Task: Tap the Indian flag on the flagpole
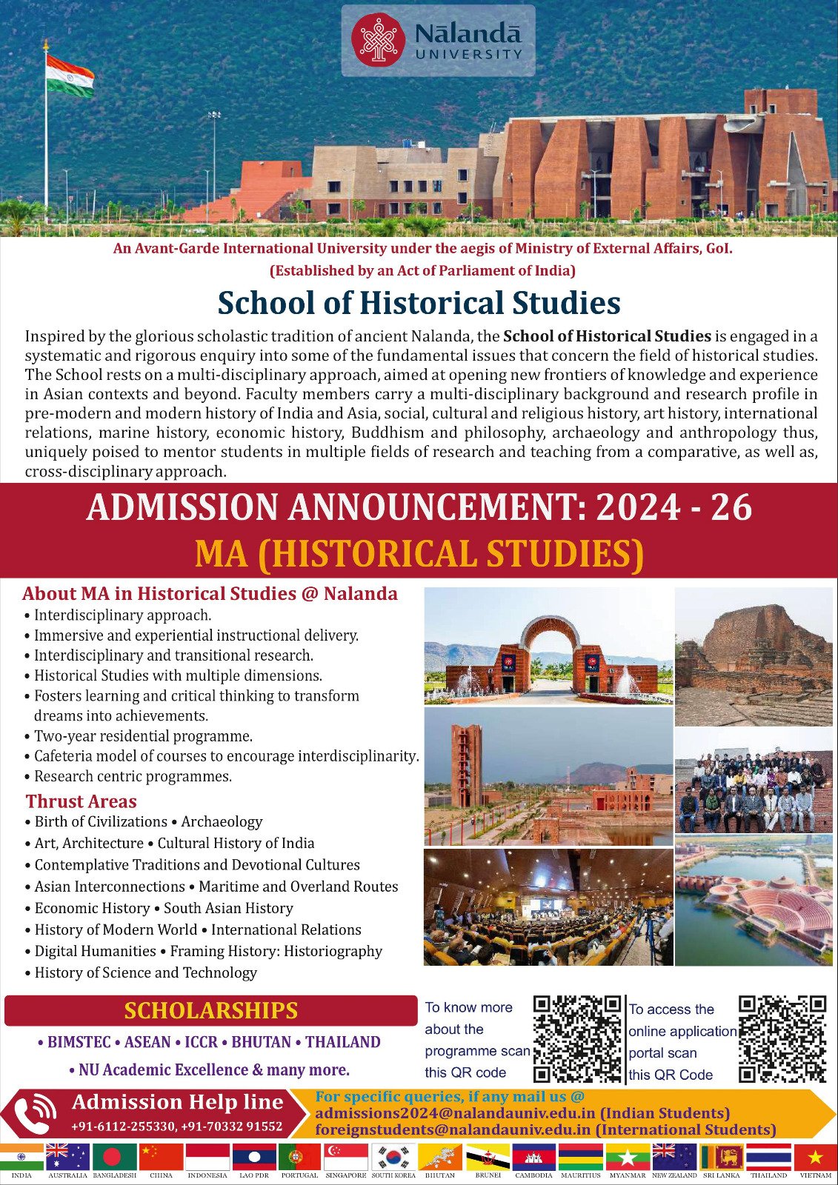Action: pyautogui.click(x=70, y=77)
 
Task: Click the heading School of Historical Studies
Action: pyautogui.click(x=419, y=303)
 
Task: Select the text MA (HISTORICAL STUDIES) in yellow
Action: pyautogui.click(x=419, y=554)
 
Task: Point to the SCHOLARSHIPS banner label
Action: pyautogui.click(x=210, y=1011)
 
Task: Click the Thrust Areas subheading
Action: pyautogui.click(x=82, y=801)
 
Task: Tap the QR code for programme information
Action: pyautogui.click(x=577, y=1039)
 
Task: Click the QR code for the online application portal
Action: pyautogui.click(x=782, y=1039)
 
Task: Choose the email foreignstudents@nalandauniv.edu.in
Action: pyautogui.click(x=454, y=1129)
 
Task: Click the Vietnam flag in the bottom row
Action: pyautogui.click(x=815, y=1158)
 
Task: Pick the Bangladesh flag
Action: pyautogui.click(x=115, y=1158)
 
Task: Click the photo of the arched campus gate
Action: pyautogui.click(x=548, y=646)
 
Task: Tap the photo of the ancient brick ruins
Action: pyautogui.click(x=754, y=655)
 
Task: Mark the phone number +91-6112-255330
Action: pyautogui.click(x=122, y=1126)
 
